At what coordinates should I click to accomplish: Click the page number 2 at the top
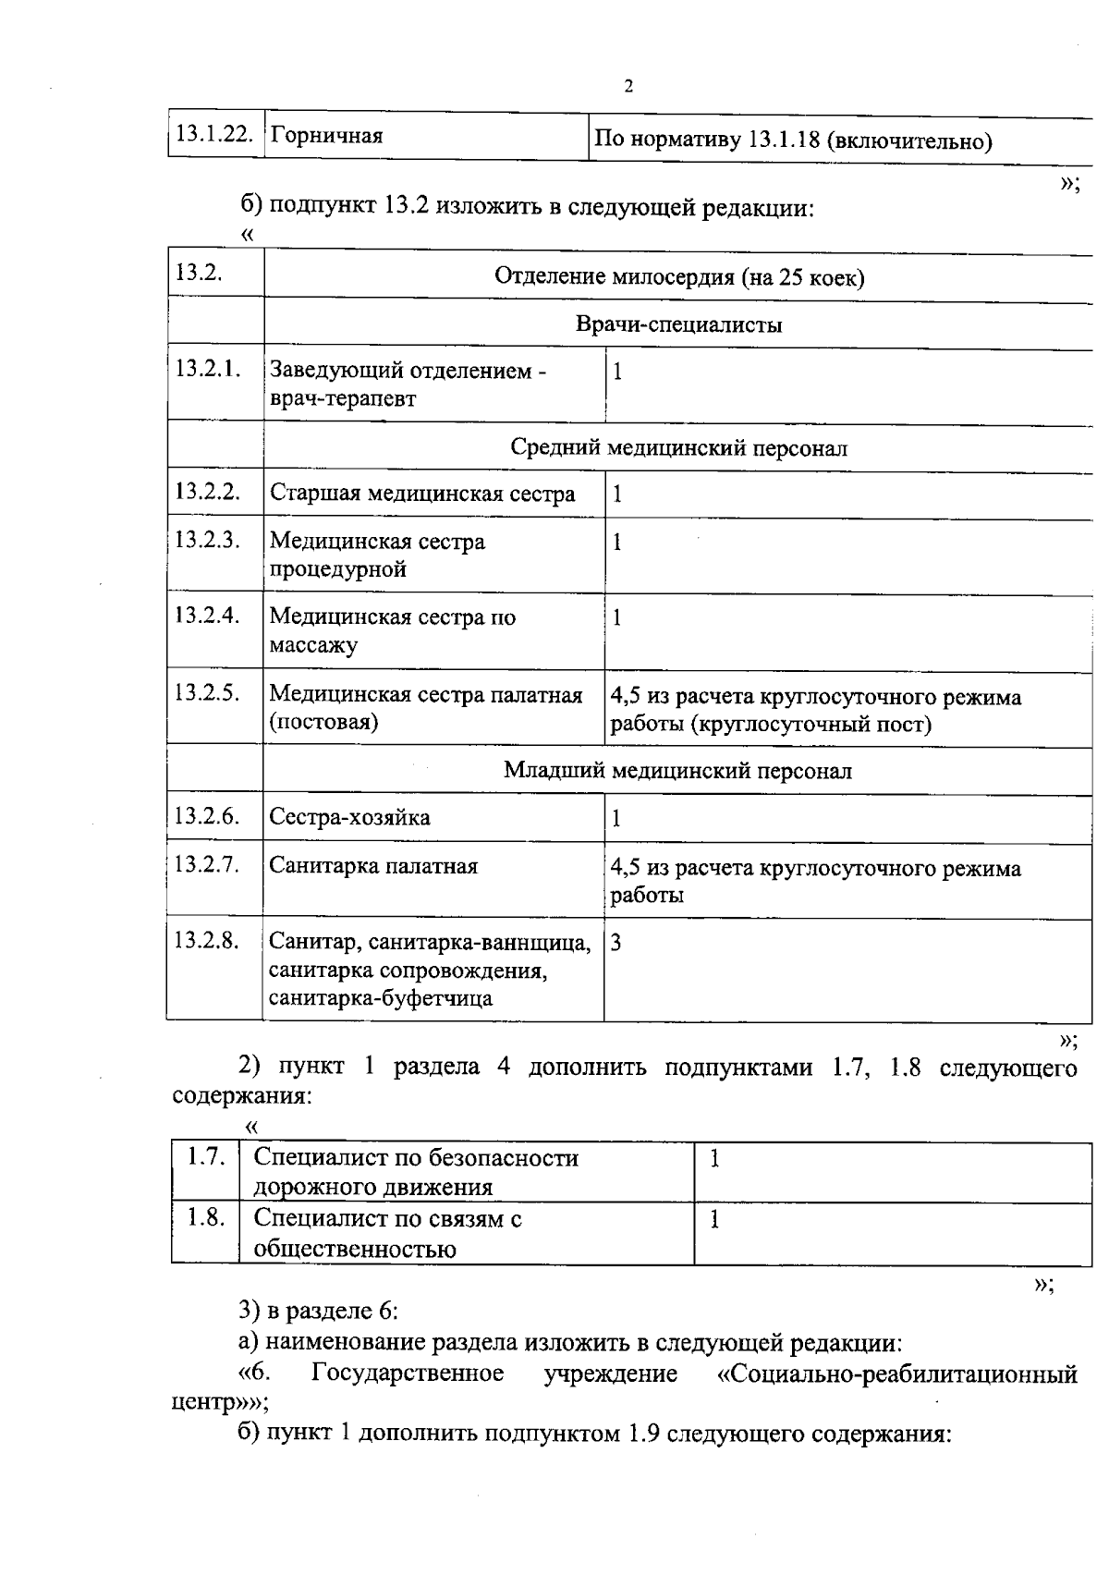(x=629, y=87)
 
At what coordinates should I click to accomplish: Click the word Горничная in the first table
(x=326, y=137)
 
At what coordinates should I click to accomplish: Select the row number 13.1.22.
(x=213, y=134)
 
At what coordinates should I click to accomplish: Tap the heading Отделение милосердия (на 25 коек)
(x=679, y=277)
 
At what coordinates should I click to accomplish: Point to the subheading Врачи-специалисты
(x=679, y=325)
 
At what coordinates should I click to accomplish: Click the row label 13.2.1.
(x=208, y=369)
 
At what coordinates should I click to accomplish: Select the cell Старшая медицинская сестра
(x=422, y=494)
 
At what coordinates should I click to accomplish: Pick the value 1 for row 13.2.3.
(x=617, y=543)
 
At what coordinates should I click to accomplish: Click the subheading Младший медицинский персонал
(x=677, y=771)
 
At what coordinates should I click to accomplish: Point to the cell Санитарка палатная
(x=373, y=867)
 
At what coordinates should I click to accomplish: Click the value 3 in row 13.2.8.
(x=616, y=943)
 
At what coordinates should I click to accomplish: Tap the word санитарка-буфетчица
(x=381, y=998)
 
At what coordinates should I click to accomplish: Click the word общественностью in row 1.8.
(x=355, y=1250)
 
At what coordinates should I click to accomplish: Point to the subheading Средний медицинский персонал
(x=679, y=448)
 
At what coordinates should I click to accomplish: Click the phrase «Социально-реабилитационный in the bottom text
(x=897, y=1374)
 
